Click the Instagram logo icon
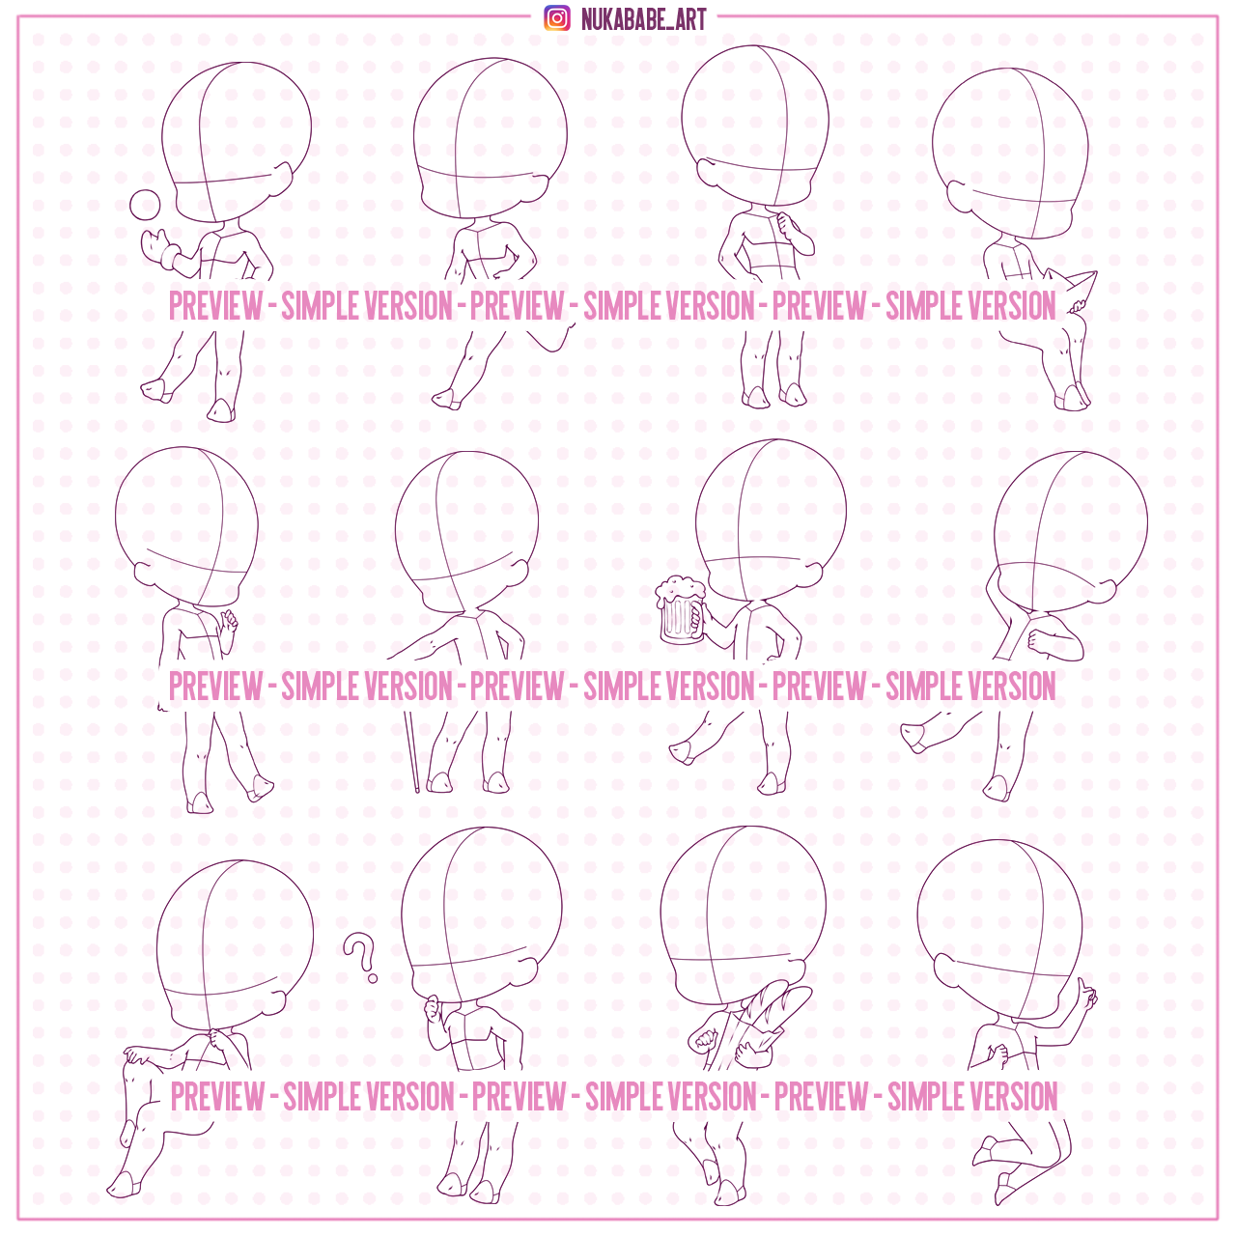coord(557,18)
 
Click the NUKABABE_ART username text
coord(643,19)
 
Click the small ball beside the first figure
coord(145,206)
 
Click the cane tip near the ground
coord(417,790)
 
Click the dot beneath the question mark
coord(373,979)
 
